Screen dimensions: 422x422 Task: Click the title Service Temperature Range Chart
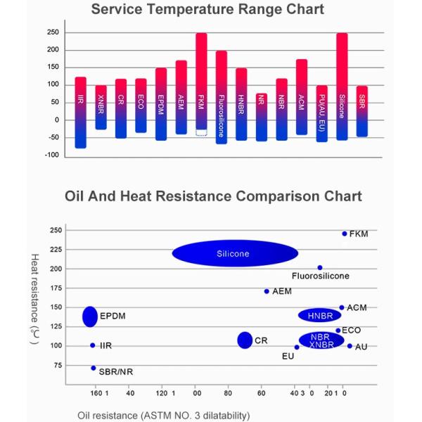pyautogui.click(x=208, y=10)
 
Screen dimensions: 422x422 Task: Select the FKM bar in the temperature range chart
pyautogui.click(x=201, y=84)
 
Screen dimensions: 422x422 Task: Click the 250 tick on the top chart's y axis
pyautogui.click(x=52, y=32)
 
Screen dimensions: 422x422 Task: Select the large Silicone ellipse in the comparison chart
pyautogui.click(x=235, y=254)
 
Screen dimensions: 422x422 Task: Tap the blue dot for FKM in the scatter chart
pyautogui.click(x=344, y=234)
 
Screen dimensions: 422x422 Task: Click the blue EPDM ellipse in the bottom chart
pyautogui.click(x=89, y=316)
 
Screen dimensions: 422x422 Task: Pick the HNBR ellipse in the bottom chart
pyautogui.click(x=319, y=315)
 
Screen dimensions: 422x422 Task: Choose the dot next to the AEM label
pyautogui.click(x=266, y=291)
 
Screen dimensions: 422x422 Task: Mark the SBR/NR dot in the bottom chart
pyautogui.click(x=93, y=368)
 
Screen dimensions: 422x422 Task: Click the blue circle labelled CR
pyautogui.click(x=245, y=340)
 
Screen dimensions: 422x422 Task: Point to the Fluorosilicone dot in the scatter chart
pyautogui.click(x=320, y=268)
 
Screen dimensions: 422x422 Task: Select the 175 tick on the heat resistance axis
pyautogui.click(x=56, y=288)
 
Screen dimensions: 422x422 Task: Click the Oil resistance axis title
pyautogui.click(x=163, y=415)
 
